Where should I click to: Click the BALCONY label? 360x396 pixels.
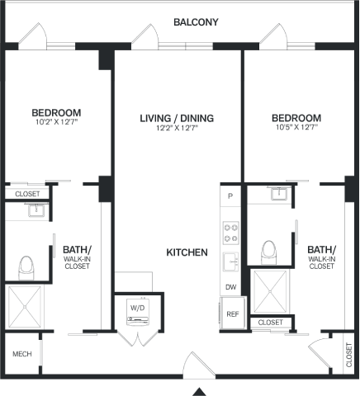pos(196,22)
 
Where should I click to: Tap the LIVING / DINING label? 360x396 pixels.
pos(177,118)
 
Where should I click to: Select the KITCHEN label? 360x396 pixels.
pos(187,252)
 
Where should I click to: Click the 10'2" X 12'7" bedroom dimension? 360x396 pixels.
pos(57,122)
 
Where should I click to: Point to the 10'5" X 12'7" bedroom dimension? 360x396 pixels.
pos(297,127)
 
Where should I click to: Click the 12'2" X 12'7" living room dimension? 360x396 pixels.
pos(178,128)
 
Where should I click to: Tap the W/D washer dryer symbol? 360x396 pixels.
pos(138,312)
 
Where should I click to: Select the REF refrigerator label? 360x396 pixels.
pos(233,314)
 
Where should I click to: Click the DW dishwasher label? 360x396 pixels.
pos(230,287)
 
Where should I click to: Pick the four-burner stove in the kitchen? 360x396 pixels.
pos(230,233)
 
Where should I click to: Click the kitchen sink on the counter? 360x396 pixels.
pos(230,262)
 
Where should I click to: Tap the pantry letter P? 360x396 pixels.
pos(230,196)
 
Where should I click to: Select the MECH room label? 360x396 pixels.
pos(22,354)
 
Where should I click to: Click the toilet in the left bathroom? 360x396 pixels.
pos(26,268)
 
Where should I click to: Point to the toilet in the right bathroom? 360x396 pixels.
pos(268,252)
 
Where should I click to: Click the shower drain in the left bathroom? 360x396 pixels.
pos(25,307)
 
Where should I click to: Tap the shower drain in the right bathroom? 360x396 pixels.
pos(270,291)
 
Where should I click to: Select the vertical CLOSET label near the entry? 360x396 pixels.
pos(349,355)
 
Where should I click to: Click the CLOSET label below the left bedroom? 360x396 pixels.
pos(27,194)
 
